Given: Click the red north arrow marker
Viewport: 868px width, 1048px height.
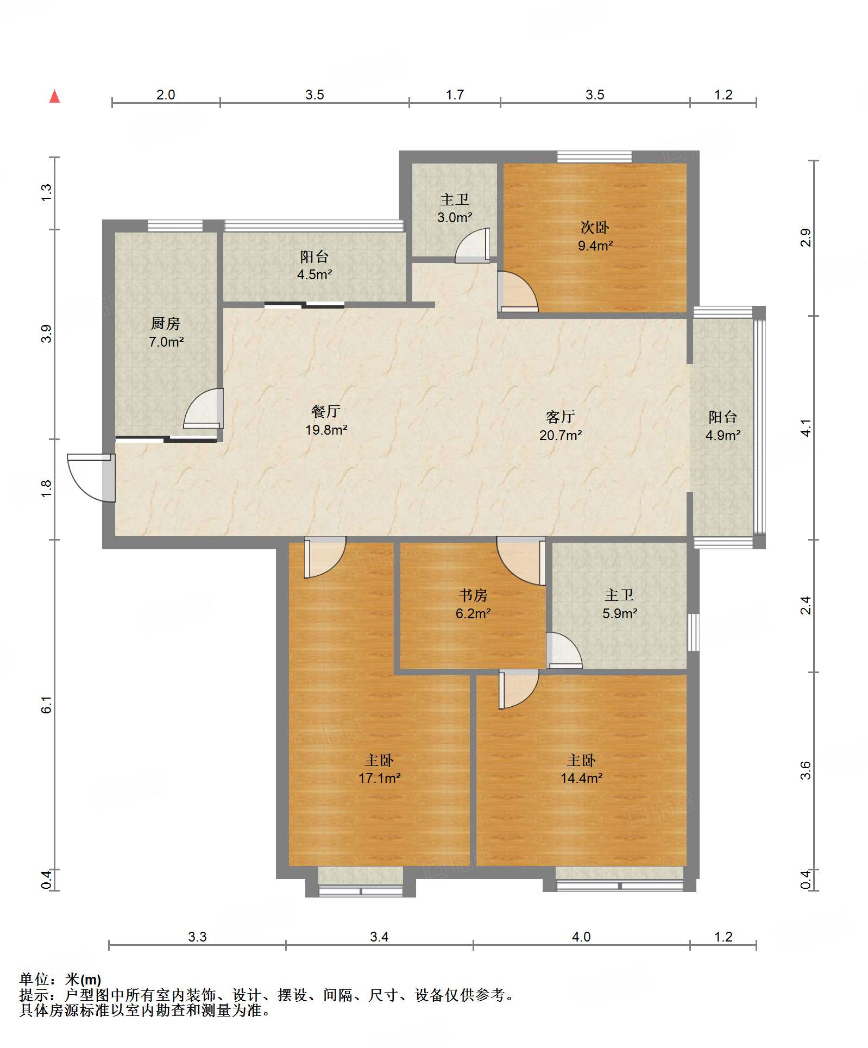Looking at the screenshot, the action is coord(54,96).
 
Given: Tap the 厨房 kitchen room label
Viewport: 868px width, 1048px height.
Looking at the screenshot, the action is coord(165,323).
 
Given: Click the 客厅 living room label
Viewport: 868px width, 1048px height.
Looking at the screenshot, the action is coord(560,417).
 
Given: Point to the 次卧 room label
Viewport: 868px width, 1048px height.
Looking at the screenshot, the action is coord(595,227).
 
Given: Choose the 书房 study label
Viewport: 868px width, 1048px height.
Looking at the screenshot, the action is coord(473,595).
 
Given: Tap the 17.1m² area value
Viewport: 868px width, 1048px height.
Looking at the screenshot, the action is coord(379,778).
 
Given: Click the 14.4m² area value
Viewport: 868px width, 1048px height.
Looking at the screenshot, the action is coord(581,778).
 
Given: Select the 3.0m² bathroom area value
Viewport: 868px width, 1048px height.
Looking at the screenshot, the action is coord(455,217).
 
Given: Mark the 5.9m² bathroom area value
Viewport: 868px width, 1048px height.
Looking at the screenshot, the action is coord(619,613).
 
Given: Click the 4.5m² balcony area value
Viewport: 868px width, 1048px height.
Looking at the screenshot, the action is coord(315,274).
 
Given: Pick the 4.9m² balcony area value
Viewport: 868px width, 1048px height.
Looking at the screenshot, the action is coord(723,435).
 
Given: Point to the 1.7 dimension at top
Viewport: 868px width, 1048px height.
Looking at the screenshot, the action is coord(455,95).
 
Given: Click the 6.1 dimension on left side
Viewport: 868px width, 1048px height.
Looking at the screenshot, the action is coord(47,705).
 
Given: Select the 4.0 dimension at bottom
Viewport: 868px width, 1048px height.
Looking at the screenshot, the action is coord(581,937).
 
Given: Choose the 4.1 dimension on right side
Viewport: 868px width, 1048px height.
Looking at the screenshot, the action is coord(806,428).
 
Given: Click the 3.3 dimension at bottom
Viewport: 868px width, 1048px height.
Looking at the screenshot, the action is coord(197,937).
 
